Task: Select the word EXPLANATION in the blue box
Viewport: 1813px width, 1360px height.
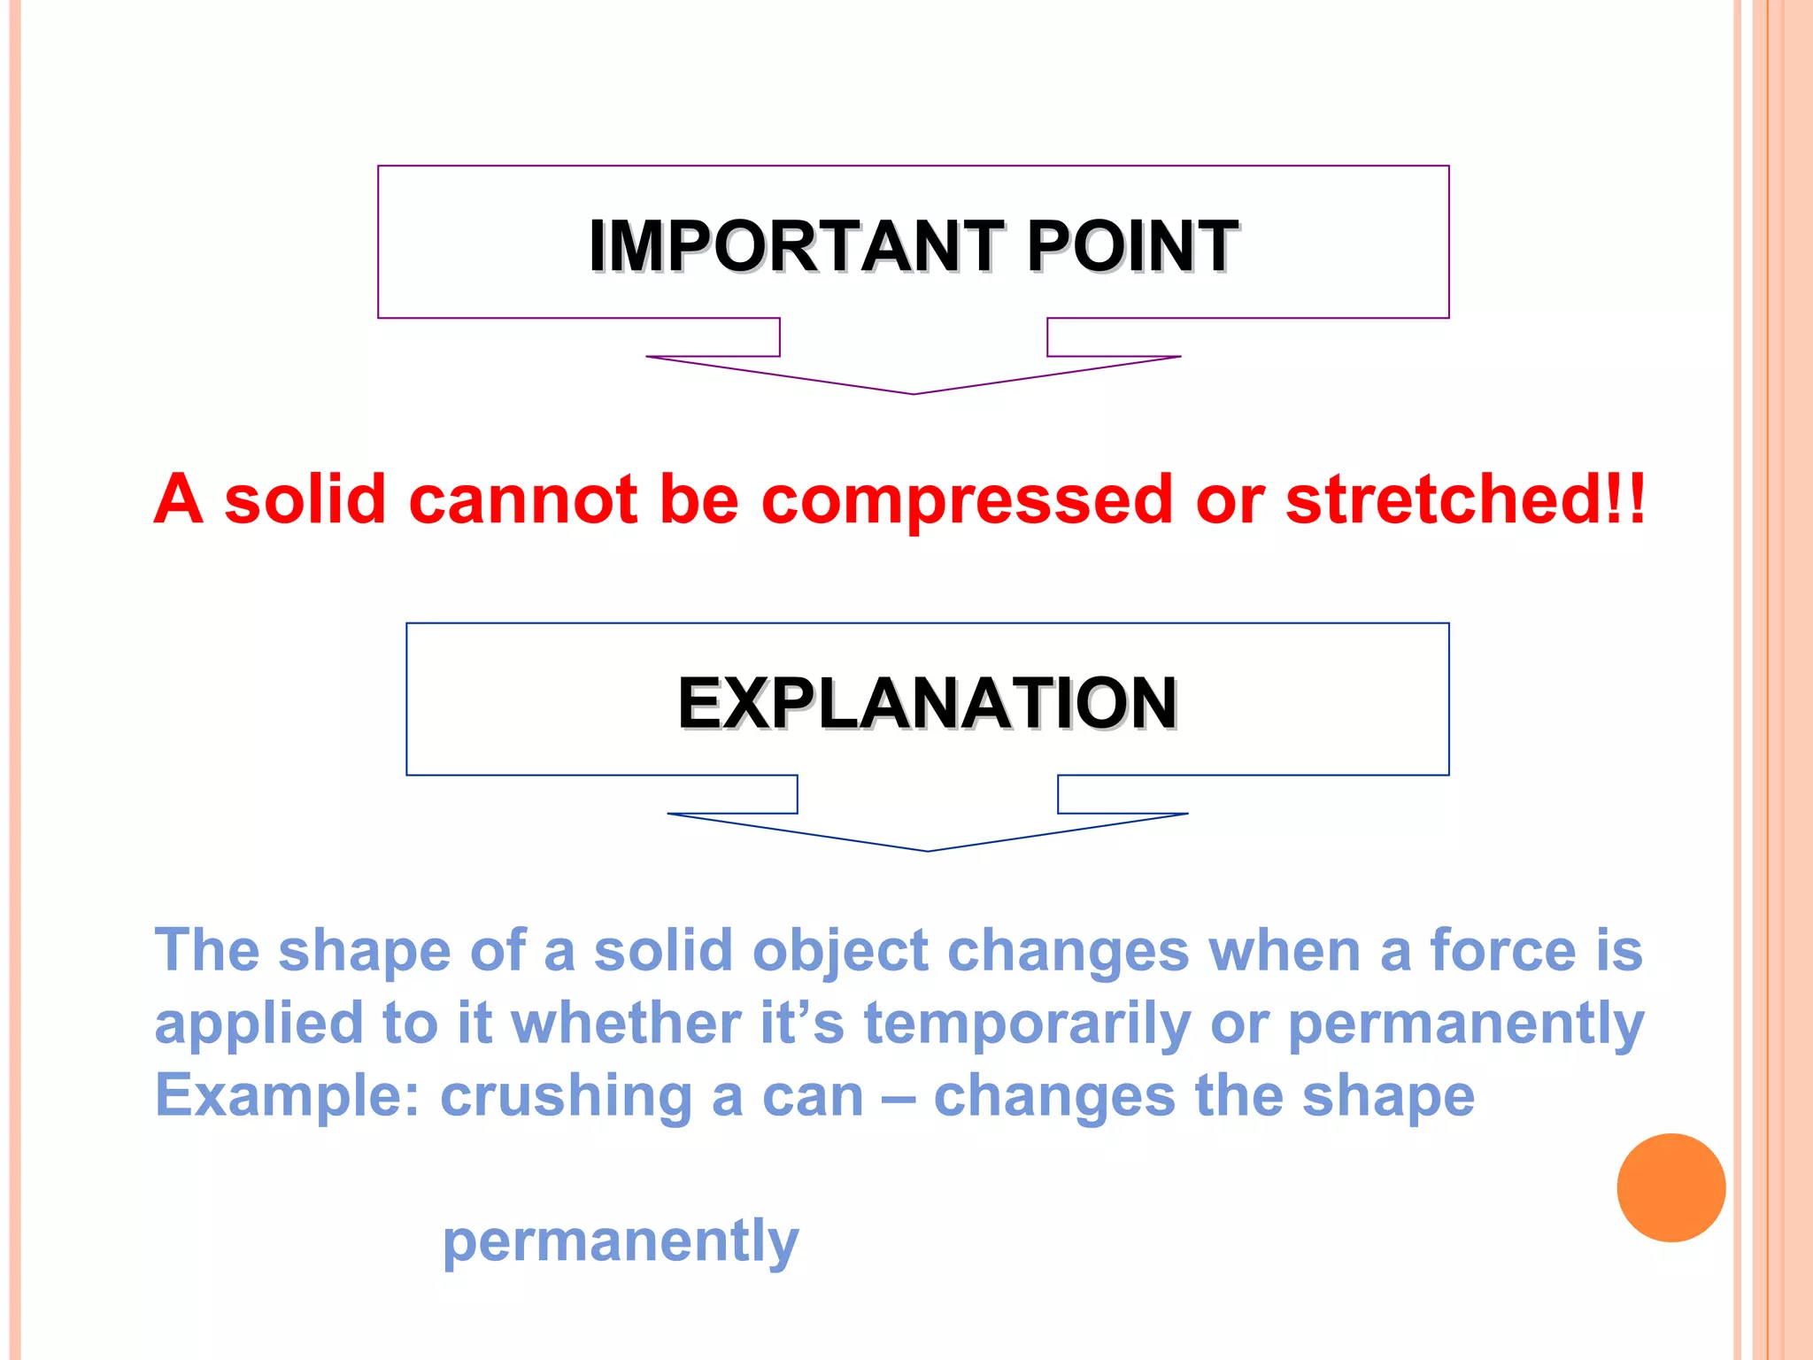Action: click(927, 703)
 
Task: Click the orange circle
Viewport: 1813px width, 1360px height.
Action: click(1670, 1187)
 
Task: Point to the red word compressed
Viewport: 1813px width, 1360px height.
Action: click(967, 499)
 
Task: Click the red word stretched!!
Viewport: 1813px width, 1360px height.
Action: click(1465, 499)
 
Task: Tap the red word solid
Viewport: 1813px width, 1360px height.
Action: click(305, 499)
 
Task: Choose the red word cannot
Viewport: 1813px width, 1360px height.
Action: click(522, 499)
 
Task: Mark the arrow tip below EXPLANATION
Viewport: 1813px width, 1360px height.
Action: click(928, 848)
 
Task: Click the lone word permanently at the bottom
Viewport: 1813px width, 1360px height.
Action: click(621, 1242)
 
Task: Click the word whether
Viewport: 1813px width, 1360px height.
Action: click(626, 1024)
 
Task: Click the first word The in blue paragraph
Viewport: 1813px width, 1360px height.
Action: click(207, 950)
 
